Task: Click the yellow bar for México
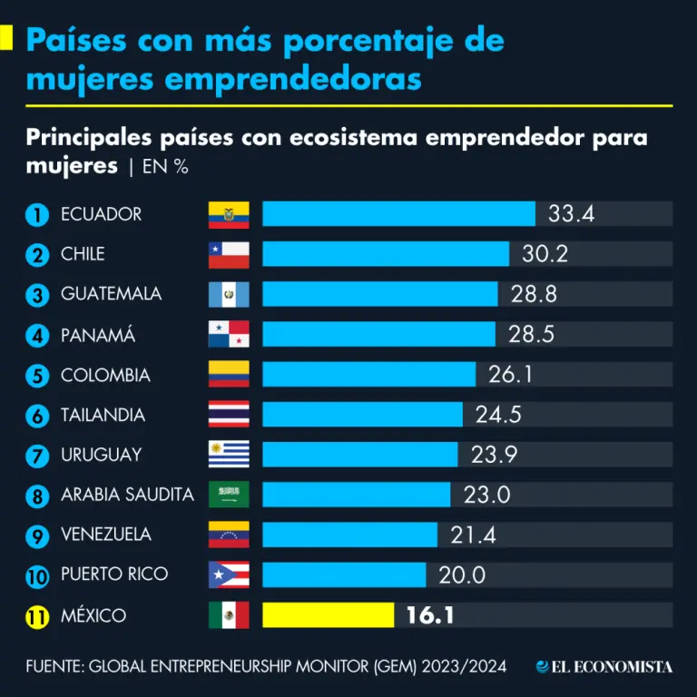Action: (x=328, y=615)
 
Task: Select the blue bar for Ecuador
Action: (x=398, y=214)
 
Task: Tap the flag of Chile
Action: (x=229, y=254)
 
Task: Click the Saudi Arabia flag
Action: (x=229, y=495)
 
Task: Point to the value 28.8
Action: (x=534, y=294)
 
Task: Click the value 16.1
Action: (x=430, y=615)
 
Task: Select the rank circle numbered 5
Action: (x=37, y=376)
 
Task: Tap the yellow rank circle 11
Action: (x=37, y=616)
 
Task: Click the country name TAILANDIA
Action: (x=103, y=415)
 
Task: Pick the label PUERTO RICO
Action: (x=114, y=574)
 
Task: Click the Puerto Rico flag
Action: (x=229, y=574)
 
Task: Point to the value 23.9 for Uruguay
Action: (x=494, y=455)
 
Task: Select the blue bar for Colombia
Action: (x=368, y=375)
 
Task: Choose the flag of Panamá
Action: (x=229, y=334)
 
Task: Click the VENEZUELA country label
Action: (x=106, y=535)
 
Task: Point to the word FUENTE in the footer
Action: (x=53, y=667)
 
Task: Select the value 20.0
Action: (x=462, y=575)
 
